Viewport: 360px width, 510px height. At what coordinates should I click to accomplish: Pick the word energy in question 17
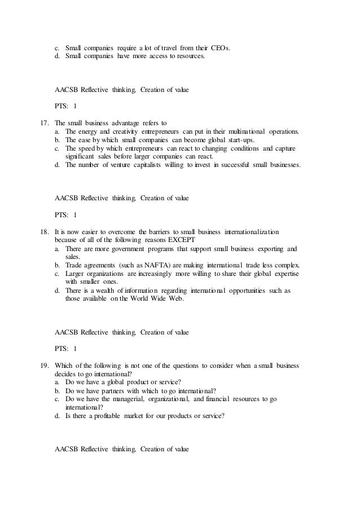pyautogui.click(x=89, y=131)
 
